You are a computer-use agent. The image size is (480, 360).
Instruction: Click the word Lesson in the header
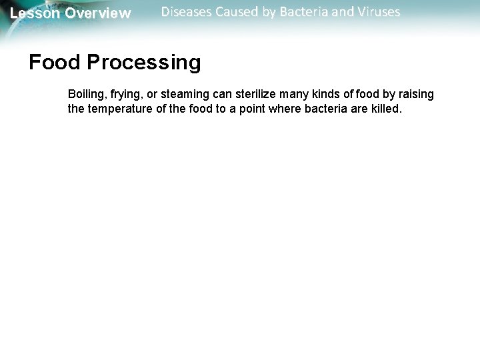click(x=34, y=13)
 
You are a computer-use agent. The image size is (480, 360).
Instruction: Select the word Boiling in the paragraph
click(x=85, y=95)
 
